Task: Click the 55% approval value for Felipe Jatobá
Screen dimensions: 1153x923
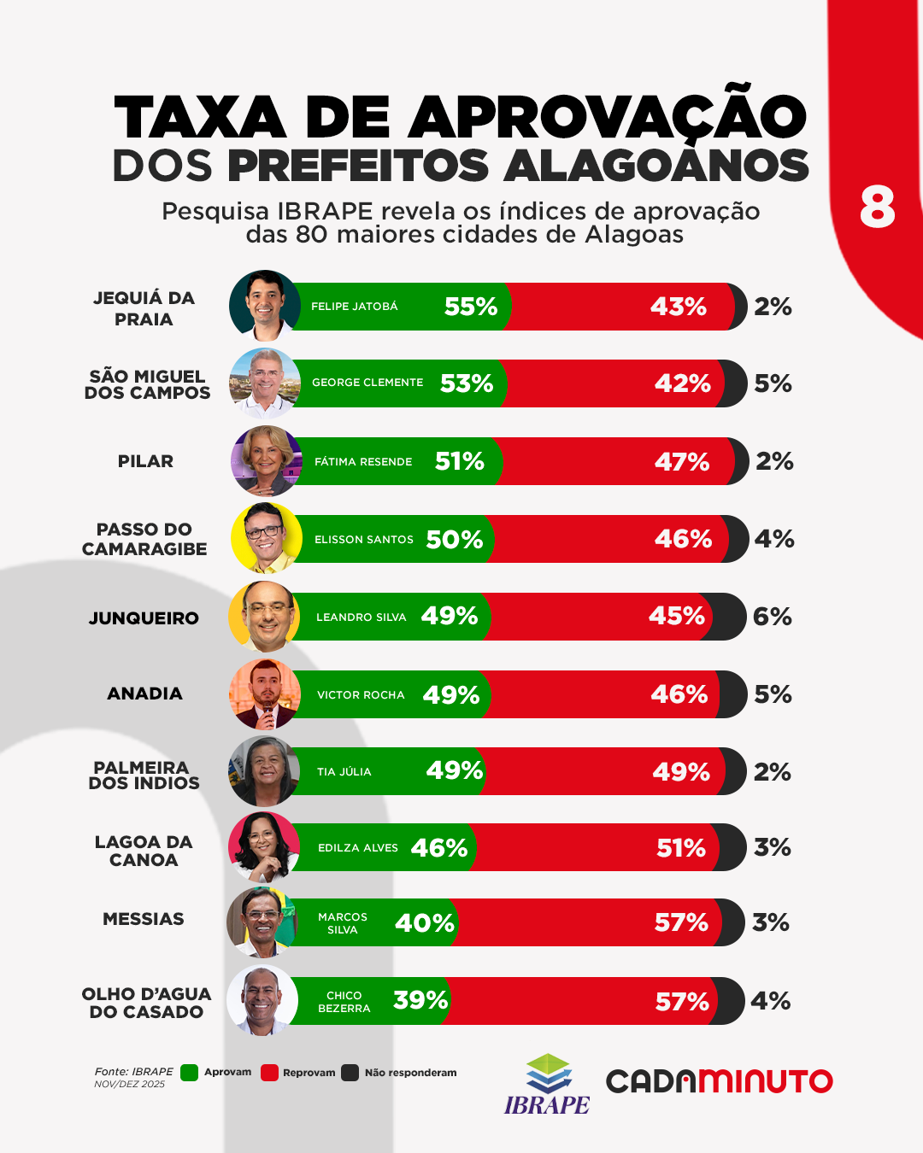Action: click(x=471, y=307)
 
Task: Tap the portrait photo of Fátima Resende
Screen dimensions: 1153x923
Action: click(x=266, y=461)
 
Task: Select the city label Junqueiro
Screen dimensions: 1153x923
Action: click(x=144, y=617)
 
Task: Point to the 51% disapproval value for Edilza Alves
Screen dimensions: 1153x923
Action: click(x=681, y=848)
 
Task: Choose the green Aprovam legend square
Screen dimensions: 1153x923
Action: click(x=190, y=1073)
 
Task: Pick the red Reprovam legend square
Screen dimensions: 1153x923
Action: click(x=269, y=1073)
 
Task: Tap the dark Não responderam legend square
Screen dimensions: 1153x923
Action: click(x=350, y=1073)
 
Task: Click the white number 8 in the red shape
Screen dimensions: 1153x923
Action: click(x=878, y=208)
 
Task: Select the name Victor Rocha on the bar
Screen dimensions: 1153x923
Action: click(x=361, y=695)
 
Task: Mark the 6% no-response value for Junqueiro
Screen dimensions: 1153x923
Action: click(x=773, y=617)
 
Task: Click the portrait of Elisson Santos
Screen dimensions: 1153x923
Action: click(x=266, y=538)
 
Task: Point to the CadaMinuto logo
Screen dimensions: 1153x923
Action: click(x=719, y=1081)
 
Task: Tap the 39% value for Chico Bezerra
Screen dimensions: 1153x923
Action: click(x=420, y=1000)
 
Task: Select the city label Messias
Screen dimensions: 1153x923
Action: click(x=144, y=919)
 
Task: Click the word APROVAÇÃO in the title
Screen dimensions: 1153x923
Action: click(x=607, y=116)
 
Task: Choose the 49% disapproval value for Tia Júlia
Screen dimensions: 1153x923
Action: click(x=681, y=772)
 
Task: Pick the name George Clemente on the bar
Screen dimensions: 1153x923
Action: click(x=367, y=383)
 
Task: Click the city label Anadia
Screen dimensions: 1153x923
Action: click(x=144, y=694)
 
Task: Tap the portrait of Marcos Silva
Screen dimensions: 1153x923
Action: click(x=262, y=922)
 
